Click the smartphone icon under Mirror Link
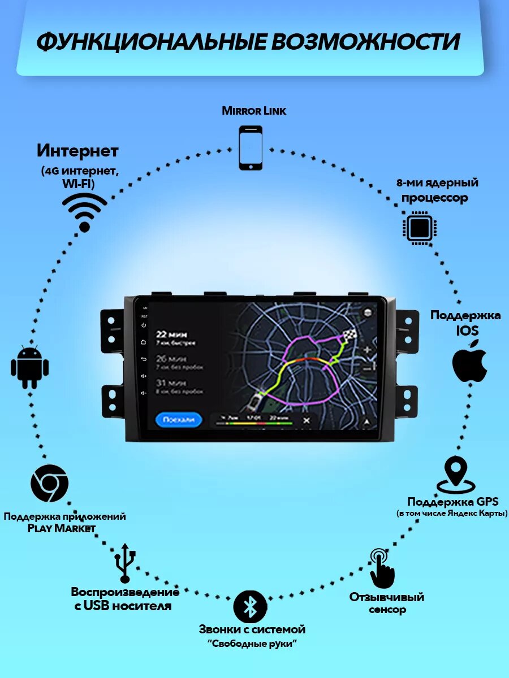tap(251, 147)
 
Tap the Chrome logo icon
tap(49, 484)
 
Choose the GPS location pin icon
tap(456, 475)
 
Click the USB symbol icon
tap(125, 562)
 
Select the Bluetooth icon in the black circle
tap(250, 606)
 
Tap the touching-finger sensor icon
tap(381, 568)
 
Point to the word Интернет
tap(78, 151)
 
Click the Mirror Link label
tap(254, 111)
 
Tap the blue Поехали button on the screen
tap(178, 419)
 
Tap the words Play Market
tap(62, 528)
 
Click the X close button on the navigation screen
tap(307, 420)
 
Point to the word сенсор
tap(387, 610)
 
